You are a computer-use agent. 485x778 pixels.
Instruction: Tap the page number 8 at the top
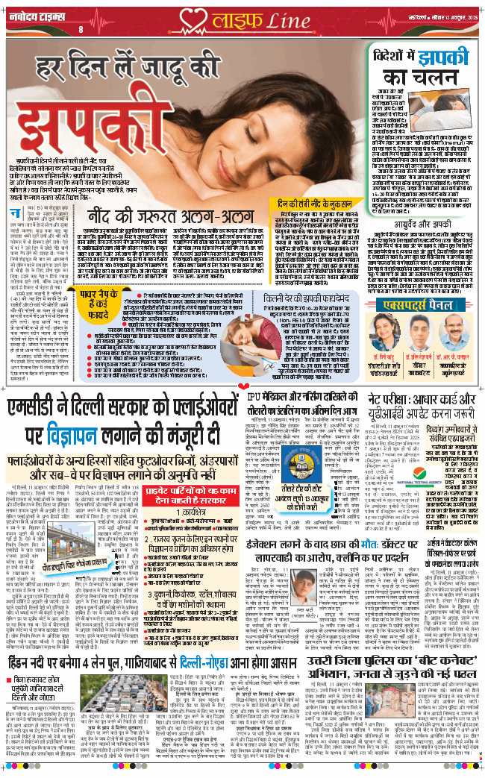pyautogui.click(x=81, y=28)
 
